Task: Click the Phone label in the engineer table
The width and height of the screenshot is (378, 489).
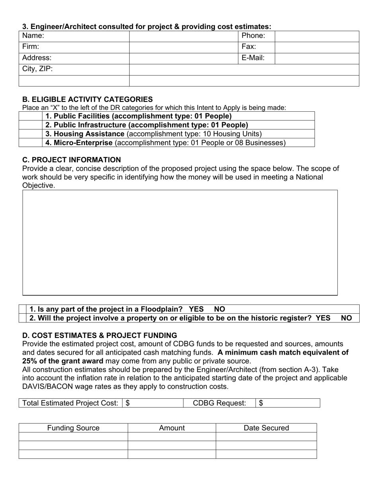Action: pos(253,36)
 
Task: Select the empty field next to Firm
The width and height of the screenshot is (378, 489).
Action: pos(183,47)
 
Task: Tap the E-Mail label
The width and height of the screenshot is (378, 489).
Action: pos(253,58)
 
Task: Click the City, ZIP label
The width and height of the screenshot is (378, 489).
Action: pos(37,69)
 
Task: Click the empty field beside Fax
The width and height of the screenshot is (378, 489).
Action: pos(317,47)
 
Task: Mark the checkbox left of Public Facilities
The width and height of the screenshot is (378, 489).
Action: pos(30,116)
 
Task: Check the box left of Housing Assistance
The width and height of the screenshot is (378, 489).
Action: pos(30,134)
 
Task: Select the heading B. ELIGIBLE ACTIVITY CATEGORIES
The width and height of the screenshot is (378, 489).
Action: pos(87,99)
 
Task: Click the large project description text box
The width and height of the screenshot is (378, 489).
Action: pos(180,243)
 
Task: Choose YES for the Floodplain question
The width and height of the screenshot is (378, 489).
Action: pos(196,309)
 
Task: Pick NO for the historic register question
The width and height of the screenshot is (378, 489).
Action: pos(346,318)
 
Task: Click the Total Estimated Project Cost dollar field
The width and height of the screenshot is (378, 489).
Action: pos(153,403)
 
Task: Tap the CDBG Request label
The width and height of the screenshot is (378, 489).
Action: pos(219,403)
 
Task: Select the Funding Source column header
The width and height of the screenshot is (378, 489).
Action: pos(73,428)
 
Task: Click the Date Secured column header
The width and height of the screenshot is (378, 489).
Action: pos(266,428)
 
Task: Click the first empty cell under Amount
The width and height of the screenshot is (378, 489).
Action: pos(171,437)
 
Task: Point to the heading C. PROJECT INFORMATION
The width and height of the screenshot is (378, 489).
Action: pos(72,160)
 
